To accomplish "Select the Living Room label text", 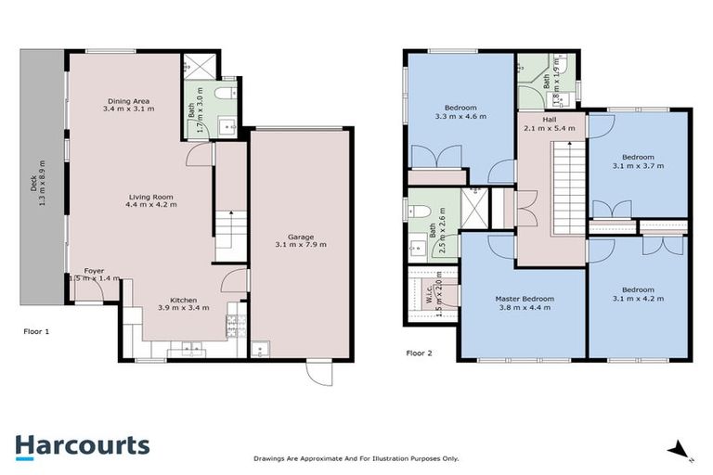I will [x=152, y=199].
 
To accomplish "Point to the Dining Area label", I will [x=129, y=105].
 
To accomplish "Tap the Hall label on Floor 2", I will [x=551, y=123].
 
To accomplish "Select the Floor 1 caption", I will [x=36, y=329].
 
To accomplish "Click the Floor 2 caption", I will [x=421, y=353].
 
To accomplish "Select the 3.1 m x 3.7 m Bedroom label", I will [x=640, y=160].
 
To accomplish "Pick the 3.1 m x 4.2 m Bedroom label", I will [x=639, y=294].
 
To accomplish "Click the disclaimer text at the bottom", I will [x=356, y=458].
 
